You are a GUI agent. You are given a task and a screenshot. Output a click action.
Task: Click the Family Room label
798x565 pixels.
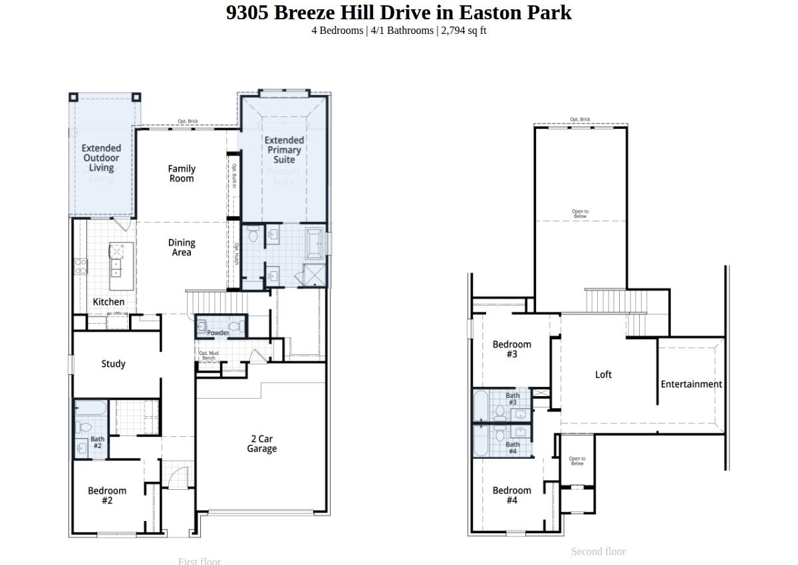point(181,173)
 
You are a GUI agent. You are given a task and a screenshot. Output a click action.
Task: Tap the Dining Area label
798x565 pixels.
point(181,247)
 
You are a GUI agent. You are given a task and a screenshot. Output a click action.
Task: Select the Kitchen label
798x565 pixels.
point(108,302)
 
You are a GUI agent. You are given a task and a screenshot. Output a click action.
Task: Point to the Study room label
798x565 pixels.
point(113,364)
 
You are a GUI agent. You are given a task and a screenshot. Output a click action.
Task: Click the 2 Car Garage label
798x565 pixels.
point(261,443)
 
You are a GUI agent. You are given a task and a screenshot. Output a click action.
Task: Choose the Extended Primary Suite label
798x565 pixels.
point(284,150)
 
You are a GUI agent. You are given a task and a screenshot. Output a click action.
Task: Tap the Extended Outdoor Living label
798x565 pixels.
point(102,158)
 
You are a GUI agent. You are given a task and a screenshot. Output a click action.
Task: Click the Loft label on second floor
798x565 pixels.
point(603,374)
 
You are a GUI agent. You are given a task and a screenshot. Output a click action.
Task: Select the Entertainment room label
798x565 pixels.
point(691,384)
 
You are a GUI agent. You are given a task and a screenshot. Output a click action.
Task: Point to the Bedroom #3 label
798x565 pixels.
point(511,349)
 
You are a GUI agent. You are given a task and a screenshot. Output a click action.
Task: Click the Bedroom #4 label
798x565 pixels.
point(511,495)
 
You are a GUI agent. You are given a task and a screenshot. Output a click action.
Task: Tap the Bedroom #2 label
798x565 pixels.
point(107,495)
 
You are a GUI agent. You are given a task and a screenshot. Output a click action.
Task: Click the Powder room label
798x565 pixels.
point(218,332)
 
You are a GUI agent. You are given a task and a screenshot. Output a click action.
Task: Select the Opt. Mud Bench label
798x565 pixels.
point(208,356)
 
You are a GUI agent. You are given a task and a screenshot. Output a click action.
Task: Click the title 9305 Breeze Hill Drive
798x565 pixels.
point(398,13)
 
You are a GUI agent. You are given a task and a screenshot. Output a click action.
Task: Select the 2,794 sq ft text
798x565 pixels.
point(464,31)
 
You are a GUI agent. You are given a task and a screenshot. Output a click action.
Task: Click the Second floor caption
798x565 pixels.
point(598,551)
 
